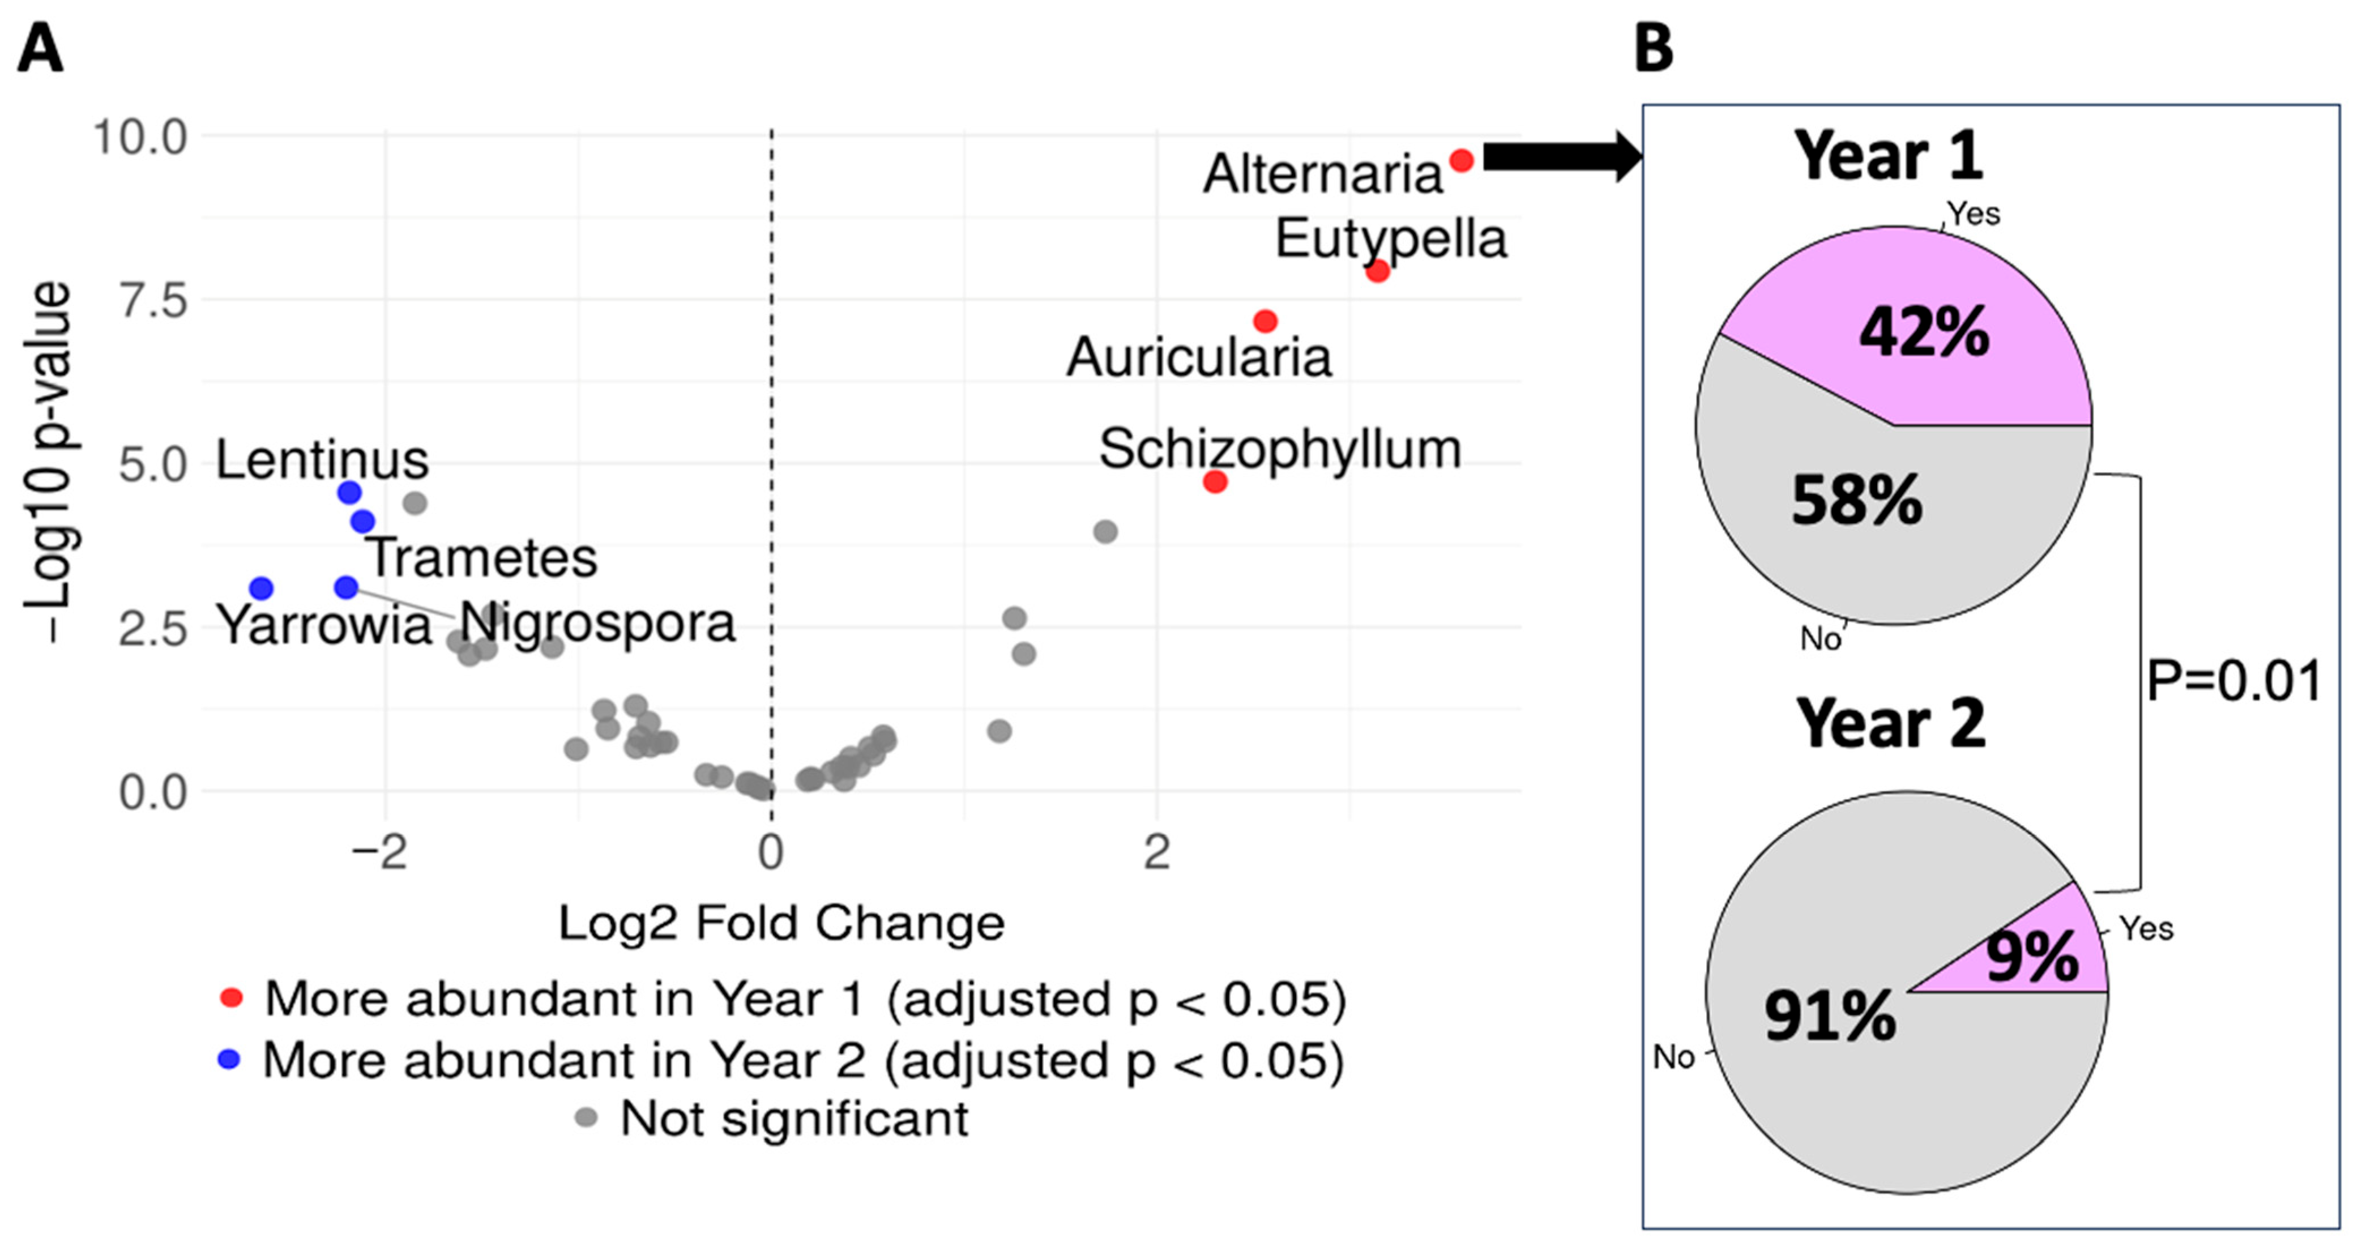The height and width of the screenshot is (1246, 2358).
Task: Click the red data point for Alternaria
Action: (x=1461, y=161)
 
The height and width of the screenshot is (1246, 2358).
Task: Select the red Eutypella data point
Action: (x=1377, y=271)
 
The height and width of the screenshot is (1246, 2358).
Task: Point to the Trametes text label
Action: (x=481, y=557)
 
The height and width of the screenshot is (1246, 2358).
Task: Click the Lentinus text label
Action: (x=322, y=459)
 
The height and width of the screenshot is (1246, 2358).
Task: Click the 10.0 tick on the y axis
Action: (x=139, y=137)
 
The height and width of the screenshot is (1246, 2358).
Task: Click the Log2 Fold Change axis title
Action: (x=781, y=923)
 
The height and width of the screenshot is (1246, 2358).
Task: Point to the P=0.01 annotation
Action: (x=2233, y=681)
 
